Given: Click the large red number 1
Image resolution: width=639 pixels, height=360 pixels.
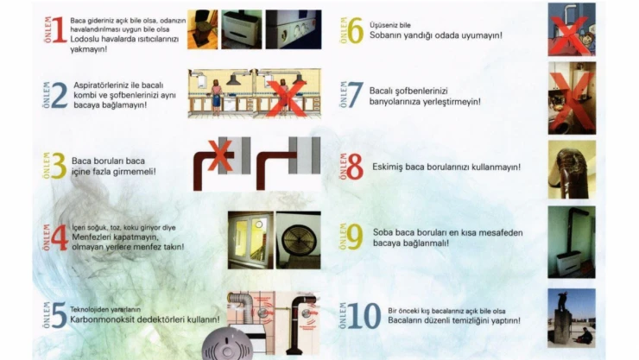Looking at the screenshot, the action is click(x=59, y=29).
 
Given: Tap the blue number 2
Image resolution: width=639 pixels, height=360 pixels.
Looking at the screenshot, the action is click(x=59, y=95).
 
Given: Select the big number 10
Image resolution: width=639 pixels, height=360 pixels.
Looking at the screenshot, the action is click(x=364, y=316).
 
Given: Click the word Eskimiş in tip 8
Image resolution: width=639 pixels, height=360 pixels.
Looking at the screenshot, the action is click(x=387, y=167).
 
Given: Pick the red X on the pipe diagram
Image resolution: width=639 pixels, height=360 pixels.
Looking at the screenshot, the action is click(x=220, y=155).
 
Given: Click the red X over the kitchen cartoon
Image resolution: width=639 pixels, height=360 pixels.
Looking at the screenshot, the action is click(x=288, y=98).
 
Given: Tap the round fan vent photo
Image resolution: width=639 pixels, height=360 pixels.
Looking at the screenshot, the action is click(x=299, y=240).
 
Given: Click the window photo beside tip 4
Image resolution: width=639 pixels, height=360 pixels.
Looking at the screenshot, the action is click(x=250, y=240).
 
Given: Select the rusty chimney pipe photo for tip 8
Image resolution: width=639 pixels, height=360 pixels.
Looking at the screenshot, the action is click(x=572, y=169).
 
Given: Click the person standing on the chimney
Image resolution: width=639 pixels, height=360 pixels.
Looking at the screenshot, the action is click(x=562, y=300).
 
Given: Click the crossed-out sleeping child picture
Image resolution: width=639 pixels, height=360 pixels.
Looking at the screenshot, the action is click(x=572, y=29).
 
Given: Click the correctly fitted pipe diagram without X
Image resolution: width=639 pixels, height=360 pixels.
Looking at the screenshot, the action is click(x=288, y=164).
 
